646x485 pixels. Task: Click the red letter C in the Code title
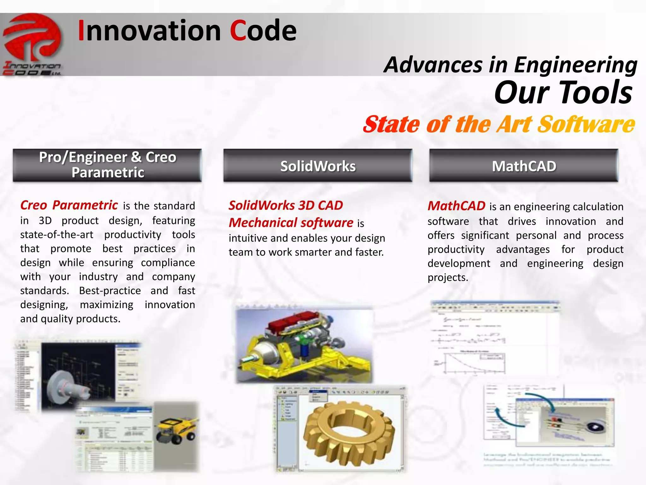coord(238,31)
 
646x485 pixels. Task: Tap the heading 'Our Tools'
coord(563,93)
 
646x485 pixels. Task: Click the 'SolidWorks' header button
coord(318,166)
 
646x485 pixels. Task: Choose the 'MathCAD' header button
coord(524,166)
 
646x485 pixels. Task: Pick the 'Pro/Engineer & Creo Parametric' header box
coord(107,165)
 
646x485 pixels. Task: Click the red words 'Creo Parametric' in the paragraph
coord(69,205)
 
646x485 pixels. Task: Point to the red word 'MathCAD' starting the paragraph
coord(456,206)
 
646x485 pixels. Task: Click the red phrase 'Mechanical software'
coord(291,223)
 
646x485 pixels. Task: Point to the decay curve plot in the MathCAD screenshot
coord(467,363)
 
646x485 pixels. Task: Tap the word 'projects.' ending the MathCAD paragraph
coord(448,278)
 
